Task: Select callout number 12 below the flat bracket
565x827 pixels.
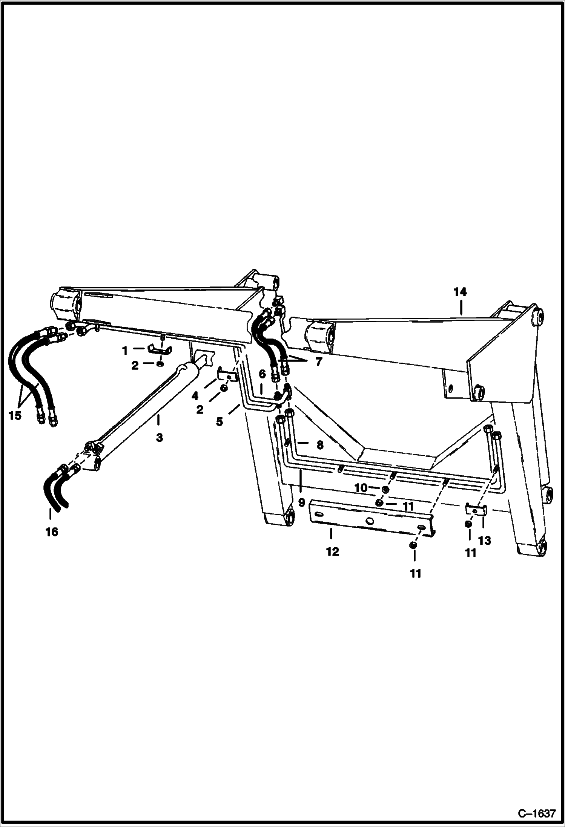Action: (333, 552)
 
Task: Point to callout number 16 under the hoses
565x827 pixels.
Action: (52, 532)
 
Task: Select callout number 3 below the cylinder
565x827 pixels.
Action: (159, 438)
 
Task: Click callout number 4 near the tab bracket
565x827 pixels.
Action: (195, 396)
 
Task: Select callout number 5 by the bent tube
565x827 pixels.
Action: (220, 421)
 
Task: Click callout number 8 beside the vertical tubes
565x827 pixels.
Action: (319, 446)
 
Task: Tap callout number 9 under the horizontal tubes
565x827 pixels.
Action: (301, 502)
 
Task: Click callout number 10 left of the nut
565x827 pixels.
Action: (361, 488)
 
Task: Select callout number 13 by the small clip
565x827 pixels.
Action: (485, 541)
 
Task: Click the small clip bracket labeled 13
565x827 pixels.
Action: (476, 511)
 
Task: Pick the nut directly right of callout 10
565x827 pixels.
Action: (385, 489)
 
